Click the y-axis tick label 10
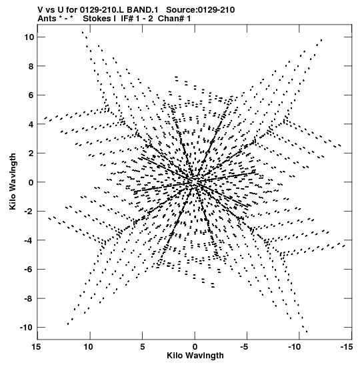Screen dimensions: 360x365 [x=29, y=37]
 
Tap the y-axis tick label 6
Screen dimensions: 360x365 [x=31, y=95]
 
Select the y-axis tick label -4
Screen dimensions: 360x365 [x=29, y=240]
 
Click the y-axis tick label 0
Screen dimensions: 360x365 [x=31, y=182]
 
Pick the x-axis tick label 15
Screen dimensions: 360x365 [x=36, y=347]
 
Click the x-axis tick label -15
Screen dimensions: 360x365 [x=347, y=347]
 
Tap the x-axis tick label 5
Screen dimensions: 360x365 [x=142, y=347]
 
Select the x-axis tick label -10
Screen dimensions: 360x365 [x=295, y=347]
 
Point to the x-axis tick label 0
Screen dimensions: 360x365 [x=195, y=347]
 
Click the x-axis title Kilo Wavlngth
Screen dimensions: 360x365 [x=195, y=356]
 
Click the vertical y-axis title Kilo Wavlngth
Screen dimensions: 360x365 [x=13, y=181]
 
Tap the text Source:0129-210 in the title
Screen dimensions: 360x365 [x=201, y=10]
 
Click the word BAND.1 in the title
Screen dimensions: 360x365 [x=143, y=10]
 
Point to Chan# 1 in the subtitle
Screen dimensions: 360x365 [x=174, y=19]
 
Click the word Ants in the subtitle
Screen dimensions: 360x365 [x=47, y=19]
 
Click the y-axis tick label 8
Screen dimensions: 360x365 [x=31, y=66]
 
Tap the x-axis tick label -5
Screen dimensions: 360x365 [x=244, y=347]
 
